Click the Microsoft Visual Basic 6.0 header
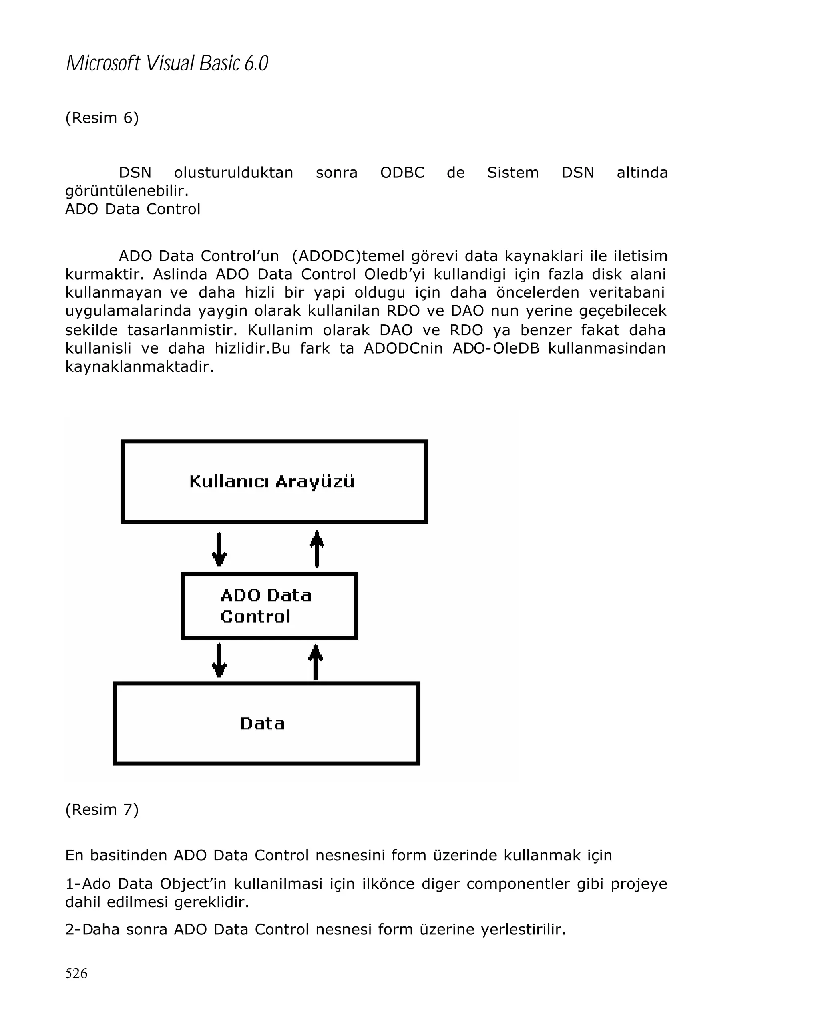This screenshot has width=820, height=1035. click(167, 63)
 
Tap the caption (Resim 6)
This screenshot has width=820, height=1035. click(102, 118)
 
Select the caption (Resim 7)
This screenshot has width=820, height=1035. click(102, 809)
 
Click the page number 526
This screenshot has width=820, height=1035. click(76, 973)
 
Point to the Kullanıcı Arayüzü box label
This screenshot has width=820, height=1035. click(271, 481)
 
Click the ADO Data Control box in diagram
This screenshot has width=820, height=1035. click(269, 606)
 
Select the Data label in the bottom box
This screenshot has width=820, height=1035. click(263, 723)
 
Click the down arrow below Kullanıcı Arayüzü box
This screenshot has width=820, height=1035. click(219, 549)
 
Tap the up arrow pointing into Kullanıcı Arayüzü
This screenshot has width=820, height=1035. click(317, 548)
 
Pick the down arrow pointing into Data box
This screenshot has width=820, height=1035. click(219, 660)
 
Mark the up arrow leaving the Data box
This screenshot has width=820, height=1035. click(315, 662)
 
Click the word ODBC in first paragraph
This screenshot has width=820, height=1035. click(402, 172)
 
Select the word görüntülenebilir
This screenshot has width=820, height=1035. click(127, 191)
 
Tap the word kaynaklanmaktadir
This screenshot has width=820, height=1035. click(139, 367)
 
